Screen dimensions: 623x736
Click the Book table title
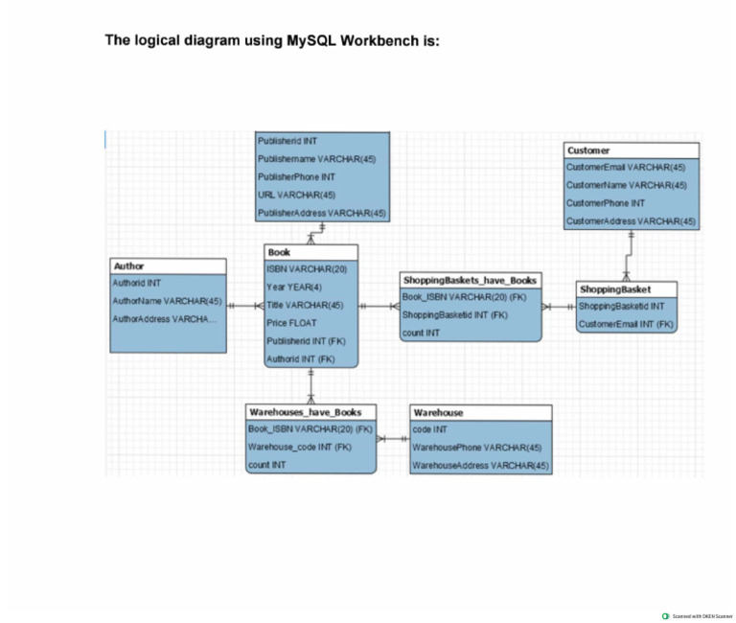point(280,252)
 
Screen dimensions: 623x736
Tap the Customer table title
point(586,150)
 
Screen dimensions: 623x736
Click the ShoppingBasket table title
point(615,288)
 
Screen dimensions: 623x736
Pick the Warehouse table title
point(438,412)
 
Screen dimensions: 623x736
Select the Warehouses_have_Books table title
point(305,411)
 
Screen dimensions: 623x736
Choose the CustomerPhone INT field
point(606,203)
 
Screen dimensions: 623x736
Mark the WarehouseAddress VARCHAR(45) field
point(480,466)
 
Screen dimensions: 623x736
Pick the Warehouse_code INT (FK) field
point(300,448)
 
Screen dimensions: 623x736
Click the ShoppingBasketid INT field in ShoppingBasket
point(622,307)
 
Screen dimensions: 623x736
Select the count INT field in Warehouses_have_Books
point(267,465)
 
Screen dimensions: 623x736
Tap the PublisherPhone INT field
point(296,177)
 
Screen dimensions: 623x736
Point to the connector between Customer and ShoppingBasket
point(629,255)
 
